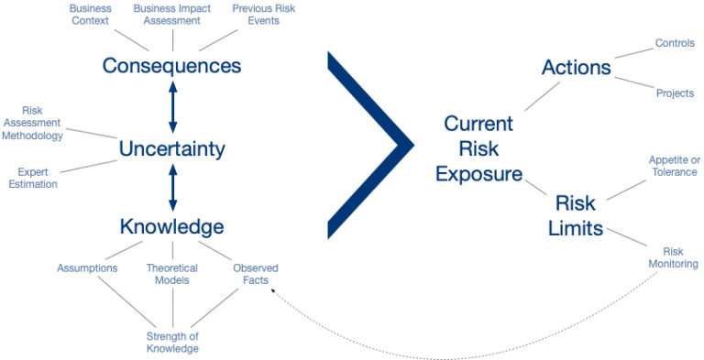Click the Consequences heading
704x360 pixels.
click(171, 66)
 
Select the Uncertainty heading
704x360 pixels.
click(171, 147)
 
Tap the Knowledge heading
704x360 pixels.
click(171, 226)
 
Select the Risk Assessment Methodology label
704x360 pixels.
click(31, 123)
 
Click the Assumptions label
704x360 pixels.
click(87, 268)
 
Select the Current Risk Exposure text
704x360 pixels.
click(478, 148)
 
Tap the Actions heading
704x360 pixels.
click(576, 67)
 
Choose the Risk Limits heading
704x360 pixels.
click(576, 214)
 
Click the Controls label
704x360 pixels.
click(674, 43)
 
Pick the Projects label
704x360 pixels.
click(675, 93)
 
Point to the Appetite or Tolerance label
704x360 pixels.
click(673, 166)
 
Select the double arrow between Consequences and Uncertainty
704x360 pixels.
click(171, 106)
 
